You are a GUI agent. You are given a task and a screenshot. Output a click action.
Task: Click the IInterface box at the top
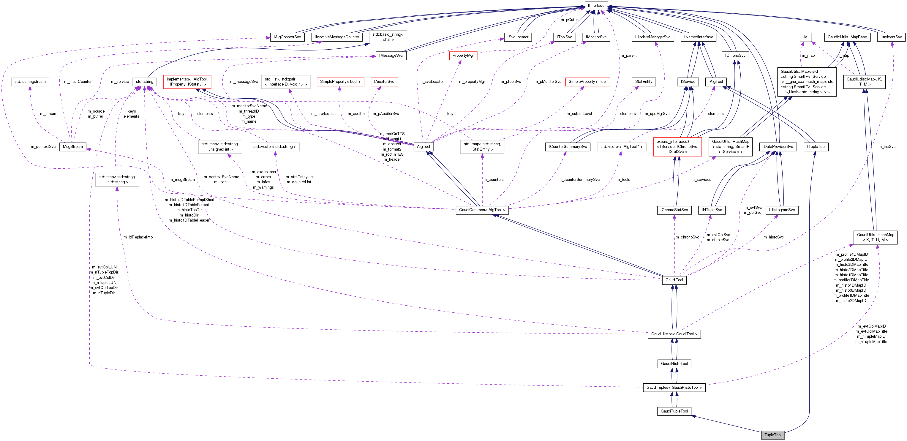click(x=596, y=6)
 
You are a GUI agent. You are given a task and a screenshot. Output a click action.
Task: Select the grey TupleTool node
click(x=772, y=435)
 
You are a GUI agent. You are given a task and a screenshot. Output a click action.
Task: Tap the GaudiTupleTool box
click(x=674, y=411)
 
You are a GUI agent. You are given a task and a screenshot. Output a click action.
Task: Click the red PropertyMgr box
click(x=463, y=56)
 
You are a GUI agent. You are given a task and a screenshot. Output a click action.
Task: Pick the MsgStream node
click(x=73, y=147)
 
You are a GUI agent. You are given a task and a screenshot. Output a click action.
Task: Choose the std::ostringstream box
click(x=30, y=82)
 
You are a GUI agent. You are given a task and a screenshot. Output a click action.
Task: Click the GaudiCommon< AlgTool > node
click(x=482, y=210)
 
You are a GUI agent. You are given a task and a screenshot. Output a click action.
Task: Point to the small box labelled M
click(x=806, y=37)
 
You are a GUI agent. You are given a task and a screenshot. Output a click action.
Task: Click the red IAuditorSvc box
click(x=384, y=82)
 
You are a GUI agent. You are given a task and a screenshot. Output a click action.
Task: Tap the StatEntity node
click(x=644, y=82)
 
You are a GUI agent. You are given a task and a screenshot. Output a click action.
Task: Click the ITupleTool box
click(x=816, y=147)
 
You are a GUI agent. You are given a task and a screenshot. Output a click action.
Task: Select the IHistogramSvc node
click(x=782, y=210)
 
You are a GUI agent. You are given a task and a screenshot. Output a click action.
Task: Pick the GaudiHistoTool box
click(x=674, y=363)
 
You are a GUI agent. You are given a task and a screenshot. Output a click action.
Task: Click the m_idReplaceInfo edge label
click(x=138, y=237)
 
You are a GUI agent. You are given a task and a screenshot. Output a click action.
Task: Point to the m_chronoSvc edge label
click(x=687, y=237)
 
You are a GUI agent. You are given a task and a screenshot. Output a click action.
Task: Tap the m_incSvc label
click(x=887, y=147)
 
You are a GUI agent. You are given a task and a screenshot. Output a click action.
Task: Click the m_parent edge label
click(x=628, y=56)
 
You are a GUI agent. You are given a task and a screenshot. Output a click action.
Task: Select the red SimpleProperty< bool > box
click(x=340, y=82)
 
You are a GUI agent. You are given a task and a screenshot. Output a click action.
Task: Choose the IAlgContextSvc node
click(x=287, y=37)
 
